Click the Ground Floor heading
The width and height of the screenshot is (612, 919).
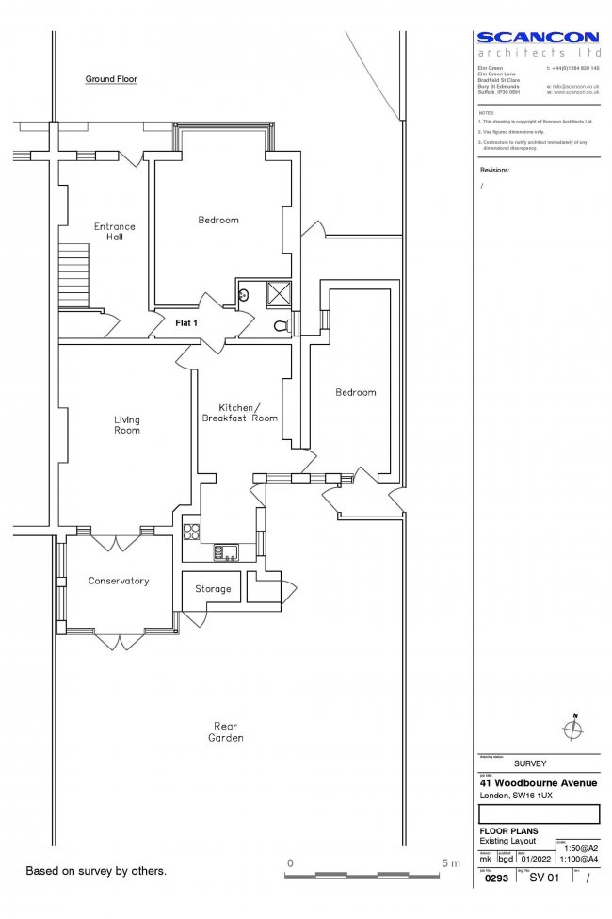[x=111, y=80]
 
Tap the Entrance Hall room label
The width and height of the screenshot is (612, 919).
[x=115, y=232]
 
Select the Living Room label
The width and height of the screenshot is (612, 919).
[x=127, y=425]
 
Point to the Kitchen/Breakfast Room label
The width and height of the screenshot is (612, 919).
[x=238, y=413]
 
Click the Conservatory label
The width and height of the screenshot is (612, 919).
[x=119, y=582]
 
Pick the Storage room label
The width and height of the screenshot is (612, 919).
[x=213, y=589]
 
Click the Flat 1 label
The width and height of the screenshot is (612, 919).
[x=186, y=323]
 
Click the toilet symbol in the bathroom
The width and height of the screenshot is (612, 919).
[x=281, y=326]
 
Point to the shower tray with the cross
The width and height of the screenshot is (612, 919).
[x=279, y=294]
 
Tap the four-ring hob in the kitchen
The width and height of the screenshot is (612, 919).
[x=192, y=531]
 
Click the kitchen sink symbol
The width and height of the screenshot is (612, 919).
[x=227, y=552]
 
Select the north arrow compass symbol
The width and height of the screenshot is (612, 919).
[x=573, y=728]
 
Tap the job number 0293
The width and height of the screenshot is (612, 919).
[x=495, y=878]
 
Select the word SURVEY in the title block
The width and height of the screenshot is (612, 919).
[x=530, y=763]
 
